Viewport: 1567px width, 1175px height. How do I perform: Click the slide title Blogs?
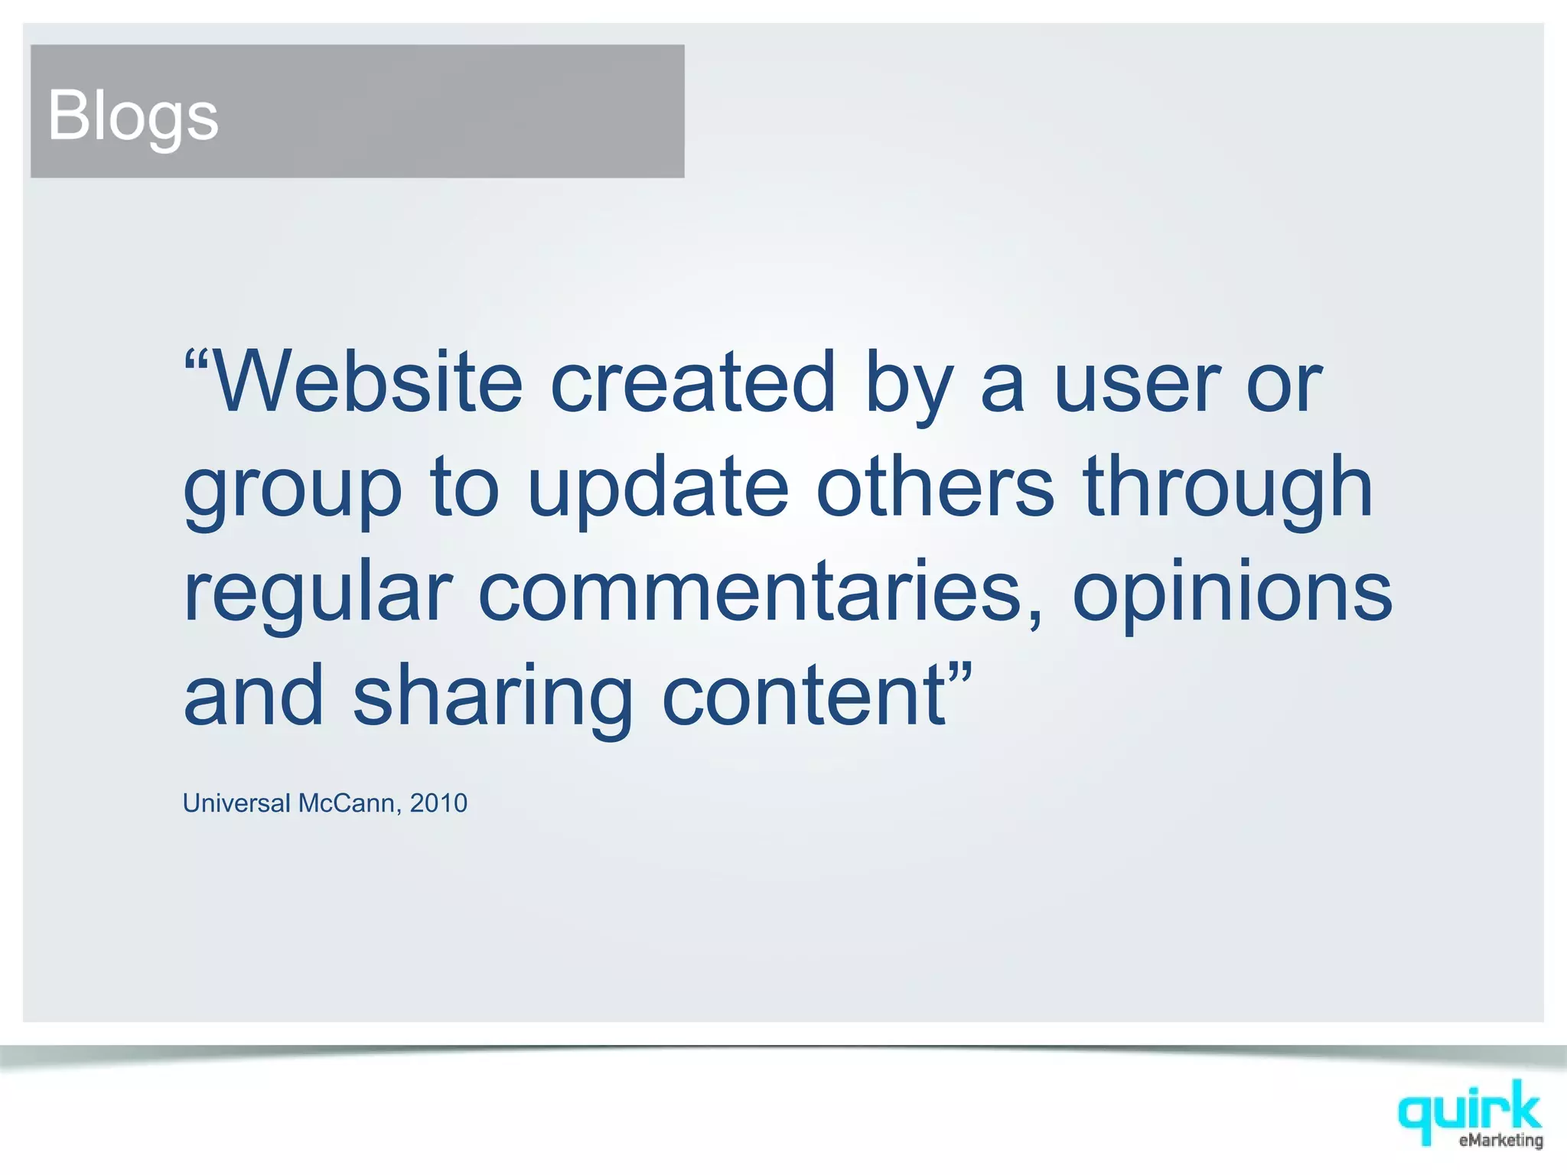(133, 116)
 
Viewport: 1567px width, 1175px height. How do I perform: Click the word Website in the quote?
(367, 382)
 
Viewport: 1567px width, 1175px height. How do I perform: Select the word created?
(692, 382)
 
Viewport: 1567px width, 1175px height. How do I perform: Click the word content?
(803, 696)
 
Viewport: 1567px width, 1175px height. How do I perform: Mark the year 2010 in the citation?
(438, 803)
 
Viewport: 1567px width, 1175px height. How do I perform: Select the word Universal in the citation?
(236, 803)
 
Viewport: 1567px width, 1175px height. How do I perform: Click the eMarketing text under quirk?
(1500, 1141)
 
